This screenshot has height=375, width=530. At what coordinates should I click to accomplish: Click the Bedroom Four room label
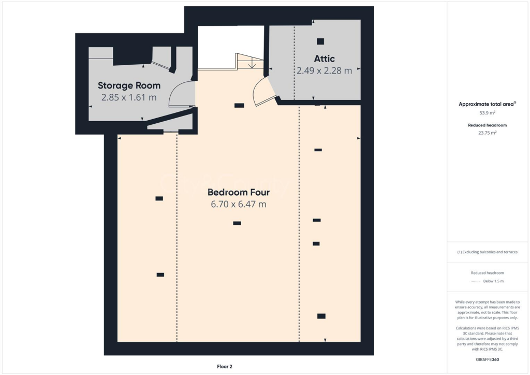click(239, 192)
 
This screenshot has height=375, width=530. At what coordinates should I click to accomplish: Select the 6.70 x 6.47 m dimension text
click(239, 205)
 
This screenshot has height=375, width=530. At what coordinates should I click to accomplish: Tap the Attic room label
click(324, 59)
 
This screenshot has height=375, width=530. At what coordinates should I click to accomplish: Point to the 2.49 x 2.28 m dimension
click(324, 70)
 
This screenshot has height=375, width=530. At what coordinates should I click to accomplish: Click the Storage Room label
click(129, 85)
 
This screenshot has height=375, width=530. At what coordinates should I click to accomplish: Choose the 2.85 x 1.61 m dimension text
click(129, 97)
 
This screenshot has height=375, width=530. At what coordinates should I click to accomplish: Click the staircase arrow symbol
click(252, 64)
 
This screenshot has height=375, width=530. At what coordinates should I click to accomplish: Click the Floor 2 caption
click(224, 367)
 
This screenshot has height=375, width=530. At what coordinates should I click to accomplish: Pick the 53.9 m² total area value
click(487, 112)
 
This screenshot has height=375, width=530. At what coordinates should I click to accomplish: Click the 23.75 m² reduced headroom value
click(487, 133)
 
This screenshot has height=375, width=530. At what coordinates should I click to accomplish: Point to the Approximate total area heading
click(487, 104)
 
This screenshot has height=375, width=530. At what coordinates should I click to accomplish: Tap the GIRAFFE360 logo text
click(487, 359)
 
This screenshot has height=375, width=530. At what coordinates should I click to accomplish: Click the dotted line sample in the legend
click(475, 281)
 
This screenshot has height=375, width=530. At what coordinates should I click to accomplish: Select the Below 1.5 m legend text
click(493, 281)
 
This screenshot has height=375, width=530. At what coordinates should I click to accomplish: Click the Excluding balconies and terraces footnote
click(487, 252)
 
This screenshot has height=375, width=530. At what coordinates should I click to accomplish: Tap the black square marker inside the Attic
click(320, 41)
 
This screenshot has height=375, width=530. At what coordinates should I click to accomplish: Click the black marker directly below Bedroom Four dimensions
click(237, 223)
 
